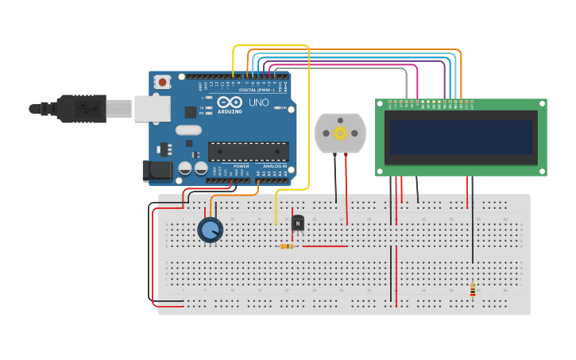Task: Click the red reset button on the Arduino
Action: (x=163, y=81)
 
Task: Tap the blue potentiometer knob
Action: (x=210, y=230)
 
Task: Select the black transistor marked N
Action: (x=298, y=223)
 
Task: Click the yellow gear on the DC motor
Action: (x=340, y=133)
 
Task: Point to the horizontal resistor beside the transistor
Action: (x=288, y=246)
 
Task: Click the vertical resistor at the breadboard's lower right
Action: (x=473, y=290)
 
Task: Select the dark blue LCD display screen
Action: (x=460, y=137)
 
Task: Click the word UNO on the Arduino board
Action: (x=259, y=103)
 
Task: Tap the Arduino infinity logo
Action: (x=230, y=103)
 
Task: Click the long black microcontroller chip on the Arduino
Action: (x=248, y=151)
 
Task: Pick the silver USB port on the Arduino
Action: (x=152, y=109)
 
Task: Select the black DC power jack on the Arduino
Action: (x=156, y=170)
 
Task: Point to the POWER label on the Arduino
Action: (x=241, y=166)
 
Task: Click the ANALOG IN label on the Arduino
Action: (x=275, y=166)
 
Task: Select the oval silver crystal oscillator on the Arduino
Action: (x=188, y=130)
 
